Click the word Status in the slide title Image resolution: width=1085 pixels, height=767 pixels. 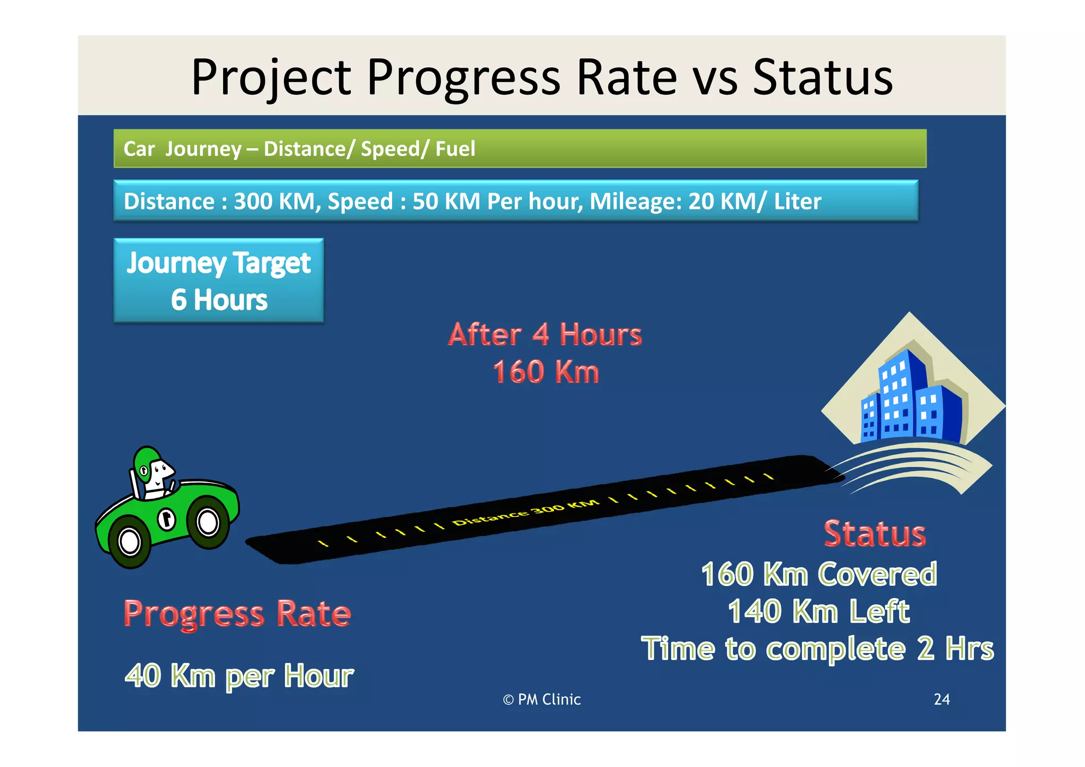pyautogui.click(x=822, y=78)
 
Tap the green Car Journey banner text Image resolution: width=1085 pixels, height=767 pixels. pyautogui.click(x=299, y=149)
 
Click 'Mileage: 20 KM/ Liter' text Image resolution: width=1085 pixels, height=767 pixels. pyautogui.click(x=705, y=201)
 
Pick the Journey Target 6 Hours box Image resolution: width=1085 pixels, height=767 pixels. pyautogui.click(x=219, y=280)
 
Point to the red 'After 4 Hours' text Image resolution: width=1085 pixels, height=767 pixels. pyautogui.click(x=545, y=335)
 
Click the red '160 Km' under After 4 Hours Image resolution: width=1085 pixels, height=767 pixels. pyautogui.click(x=546, y=372)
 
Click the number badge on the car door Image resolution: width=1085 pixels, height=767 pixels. pyautogui.click(x=167, y=519)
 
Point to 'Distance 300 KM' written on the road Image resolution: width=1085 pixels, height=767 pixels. pyautogui.click(x=526, y=512)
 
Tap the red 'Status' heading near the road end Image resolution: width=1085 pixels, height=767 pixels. pyautogui.click(x=875, y=533)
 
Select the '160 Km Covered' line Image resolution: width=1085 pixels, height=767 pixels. pyautogui.click(x=819, y=574)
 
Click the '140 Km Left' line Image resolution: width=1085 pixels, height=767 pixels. pyautogui.click(x=819, y=611)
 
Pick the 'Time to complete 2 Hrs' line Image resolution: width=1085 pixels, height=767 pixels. pyautogui.click(x=817, y=648)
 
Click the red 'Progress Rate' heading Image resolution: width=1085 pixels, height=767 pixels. pyautogui.click(x=237, y=613)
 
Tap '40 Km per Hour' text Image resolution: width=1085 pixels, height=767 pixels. pyautogui.click(x=239, y=676)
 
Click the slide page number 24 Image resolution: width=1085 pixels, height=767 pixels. pyautogui.click(x=941, y=699)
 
